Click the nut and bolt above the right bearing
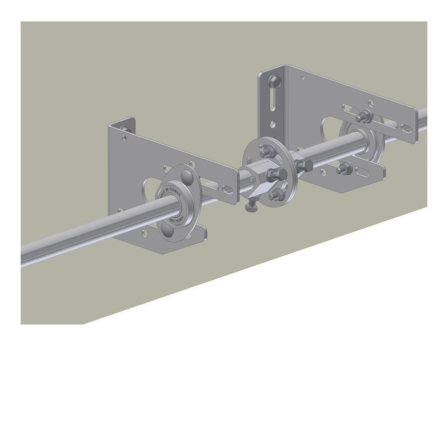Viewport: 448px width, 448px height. click(364, 116)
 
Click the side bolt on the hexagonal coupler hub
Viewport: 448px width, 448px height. click(272, 173)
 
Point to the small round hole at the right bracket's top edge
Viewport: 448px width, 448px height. click(302, 77)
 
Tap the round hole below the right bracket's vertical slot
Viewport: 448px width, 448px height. click(273, 124)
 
